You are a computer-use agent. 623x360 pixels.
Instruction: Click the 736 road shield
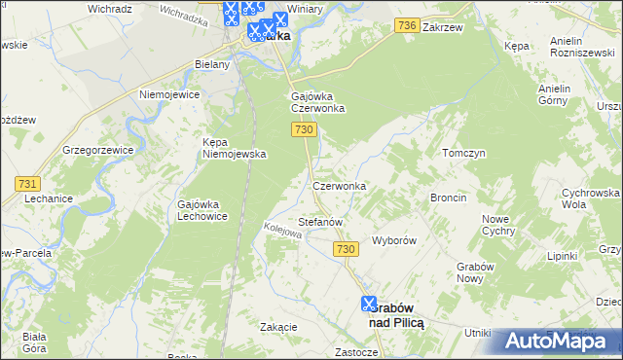pos(408,27)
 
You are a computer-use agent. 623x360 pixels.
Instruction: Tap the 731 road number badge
pos(27,184)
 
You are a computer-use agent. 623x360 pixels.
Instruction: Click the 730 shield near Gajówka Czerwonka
pos(303,129)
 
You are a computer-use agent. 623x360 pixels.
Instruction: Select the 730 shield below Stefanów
pos(345,250)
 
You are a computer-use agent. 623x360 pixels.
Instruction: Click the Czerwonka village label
pos(339,186)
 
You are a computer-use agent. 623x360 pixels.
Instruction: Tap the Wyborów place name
pos(395,240)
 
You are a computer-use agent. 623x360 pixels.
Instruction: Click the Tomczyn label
pos(463,154)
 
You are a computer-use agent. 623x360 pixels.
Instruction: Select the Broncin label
pos(448,198)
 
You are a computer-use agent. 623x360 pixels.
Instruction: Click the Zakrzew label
pos(442,28)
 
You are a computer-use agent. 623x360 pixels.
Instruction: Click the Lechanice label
pos(49,198)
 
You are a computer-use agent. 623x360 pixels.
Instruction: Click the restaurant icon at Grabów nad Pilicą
pos(369,303)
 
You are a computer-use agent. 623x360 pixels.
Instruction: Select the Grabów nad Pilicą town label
pos(394,315)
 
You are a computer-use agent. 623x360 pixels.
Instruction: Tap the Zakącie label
pos(278,327)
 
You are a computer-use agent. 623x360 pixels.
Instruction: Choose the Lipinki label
pos(562,257)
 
